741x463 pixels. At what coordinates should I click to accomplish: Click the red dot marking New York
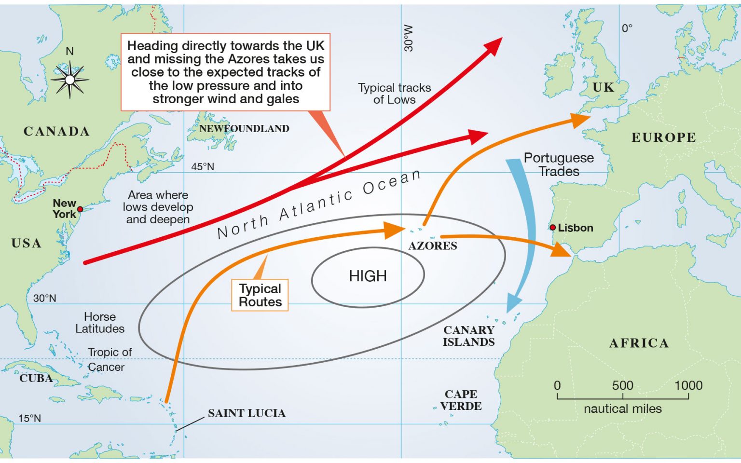(80, 209)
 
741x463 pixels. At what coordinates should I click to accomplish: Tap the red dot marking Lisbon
(553, 227)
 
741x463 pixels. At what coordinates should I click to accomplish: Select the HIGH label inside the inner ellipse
(368, 276)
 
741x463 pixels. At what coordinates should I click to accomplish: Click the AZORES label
(433, 246)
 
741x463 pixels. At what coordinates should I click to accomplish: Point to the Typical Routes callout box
(260, 295)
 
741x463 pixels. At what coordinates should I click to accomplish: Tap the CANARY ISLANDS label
(469, 336)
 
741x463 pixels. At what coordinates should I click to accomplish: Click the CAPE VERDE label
(461, 400)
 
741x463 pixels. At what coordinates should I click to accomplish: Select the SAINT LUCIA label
(247, 413)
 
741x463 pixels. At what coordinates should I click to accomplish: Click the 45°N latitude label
(203, 167)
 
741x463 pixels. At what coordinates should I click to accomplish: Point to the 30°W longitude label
(409, 39)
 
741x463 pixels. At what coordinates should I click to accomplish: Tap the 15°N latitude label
(30, 419)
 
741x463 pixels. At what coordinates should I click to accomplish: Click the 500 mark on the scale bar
(622, 386)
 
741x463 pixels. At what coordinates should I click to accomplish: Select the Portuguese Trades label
(559, 164)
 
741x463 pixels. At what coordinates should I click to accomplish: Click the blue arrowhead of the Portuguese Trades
(513, 304)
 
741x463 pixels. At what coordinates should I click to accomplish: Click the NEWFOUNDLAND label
(244, 129)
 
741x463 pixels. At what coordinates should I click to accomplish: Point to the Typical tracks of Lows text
(394, 94)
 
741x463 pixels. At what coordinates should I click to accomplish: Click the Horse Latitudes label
(100, 323)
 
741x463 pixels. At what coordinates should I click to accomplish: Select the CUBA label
(36, 378)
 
